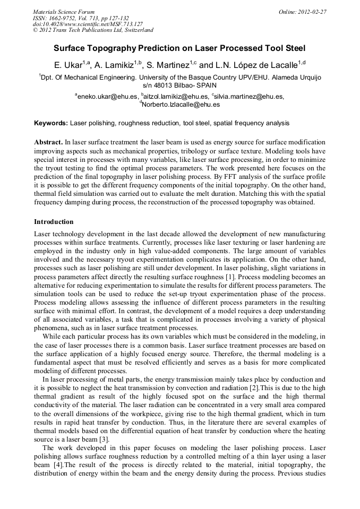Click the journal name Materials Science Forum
[x=64, y=11]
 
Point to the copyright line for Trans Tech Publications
[x=93, y=30]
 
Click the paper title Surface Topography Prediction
[x=179, y=47]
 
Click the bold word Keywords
[x=51, y=123]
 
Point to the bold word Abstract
[x=48, y=143]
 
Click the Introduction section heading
[x=54, y=221]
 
